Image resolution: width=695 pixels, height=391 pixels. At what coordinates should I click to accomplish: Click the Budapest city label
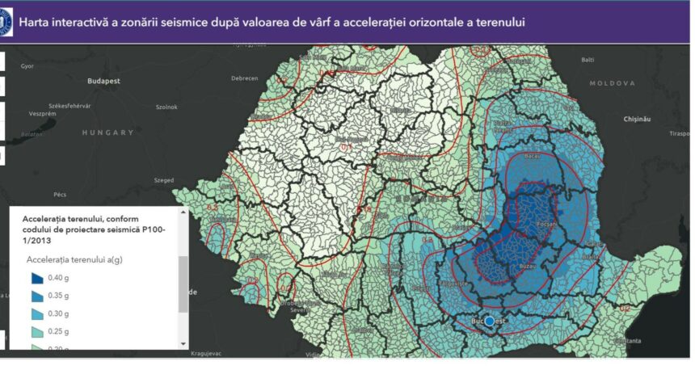[x=103, y=81]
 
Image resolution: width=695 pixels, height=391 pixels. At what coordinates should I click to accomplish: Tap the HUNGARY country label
[x=108, y=132]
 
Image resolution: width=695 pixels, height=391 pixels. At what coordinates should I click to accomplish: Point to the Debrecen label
[x=244, y=78]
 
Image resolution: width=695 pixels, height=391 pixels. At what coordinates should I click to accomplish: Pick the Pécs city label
[x=60, y=195]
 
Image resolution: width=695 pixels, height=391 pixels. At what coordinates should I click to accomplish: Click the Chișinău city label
[x=637, y=119]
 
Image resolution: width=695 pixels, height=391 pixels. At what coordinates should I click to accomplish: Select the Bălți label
[x=588, y=60]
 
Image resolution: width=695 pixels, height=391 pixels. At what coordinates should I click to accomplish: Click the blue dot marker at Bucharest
[x=489, y=321]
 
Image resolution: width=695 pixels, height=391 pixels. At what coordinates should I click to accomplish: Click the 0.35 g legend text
[x=59, y=296]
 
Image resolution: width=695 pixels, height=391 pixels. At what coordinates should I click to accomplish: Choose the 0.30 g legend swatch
[x=37, y=313]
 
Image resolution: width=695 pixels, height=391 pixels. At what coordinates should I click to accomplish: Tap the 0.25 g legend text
[x=59, y=331]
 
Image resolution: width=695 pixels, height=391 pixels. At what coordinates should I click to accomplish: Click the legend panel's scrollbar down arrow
[x=183, y=343]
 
